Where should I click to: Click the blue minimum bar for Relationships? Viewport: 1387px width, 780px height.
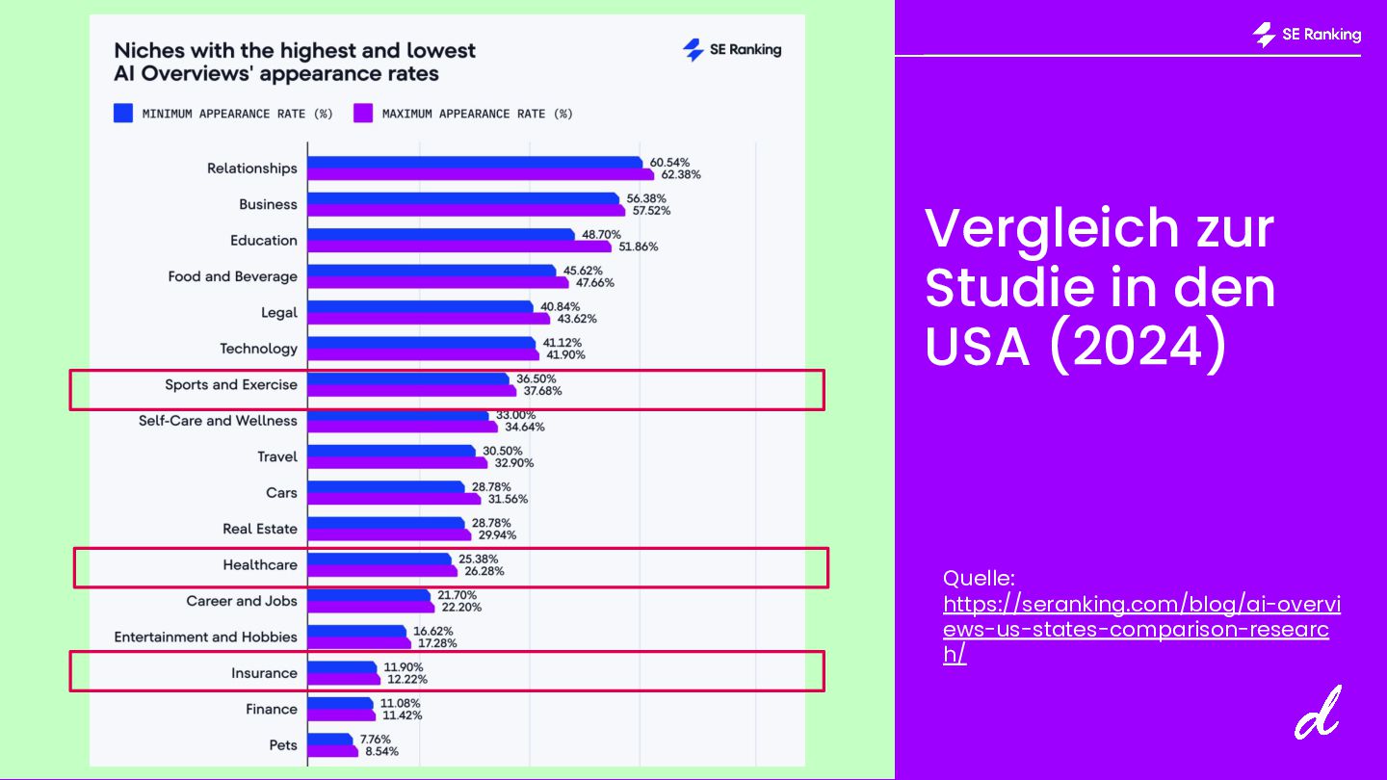click(474, 163)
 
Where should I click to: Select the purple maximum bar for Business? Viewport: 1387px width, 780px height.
click(466, 211)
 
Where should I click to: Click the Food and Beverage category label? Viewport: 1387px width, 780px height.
click(232, 276)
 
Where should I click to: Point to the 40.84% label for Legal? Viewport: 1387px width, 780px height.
click(560, 307)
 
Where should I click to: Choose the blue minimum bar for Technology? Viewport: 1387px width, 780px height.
click(421, 343)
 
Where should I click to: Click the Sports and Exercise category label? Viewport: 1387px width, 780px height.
click(231, 384)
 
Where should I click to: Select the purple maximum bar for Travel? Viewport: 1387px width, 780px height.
click(397, 463)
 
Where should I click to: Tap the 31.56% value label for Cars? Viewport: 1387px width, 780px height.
click(508, 499)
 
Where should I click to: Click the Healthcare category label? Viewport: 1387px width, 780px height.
click(260, 564)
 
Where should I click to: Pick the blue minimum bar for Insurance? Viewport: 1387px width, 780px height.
click(342, 667)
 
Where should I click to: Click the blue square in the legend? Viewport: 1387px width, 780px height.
click(123, 114)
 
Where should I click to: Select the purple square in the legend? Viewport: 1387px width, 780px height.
click(363, 114)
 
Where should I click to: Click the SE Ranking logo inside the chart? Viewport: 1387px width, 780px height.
click(732, 50)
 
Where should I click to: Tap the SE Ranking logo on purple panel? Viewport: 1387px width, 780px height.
click(1307, 35)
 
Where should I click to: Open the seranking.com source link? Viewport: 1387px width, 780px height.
click(1140, 630)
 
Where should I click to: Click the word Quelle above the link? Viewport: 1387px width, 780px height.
click(979, 579)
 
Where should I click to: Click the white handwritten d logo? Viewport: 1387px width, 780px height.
click(1318, 714)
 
